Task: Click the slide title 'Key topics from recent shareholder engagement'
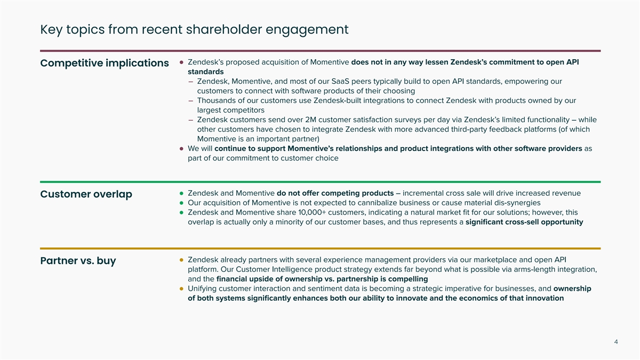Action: pos(194,29)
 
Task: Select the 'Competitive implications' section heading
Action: pos(105,63)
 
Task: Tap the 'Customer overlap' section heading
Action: pos(86,195)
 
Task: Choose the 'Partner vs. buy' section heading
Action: pos(78,261)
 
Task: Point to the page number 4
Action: pos(616,342)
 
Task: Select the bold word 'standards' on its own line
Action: pos(206,72)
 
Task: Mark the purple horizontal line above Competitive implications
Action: pos(320,51)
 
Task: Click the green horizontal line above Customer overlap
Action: pos(320,182)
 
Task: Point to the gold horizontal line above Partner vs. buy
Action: pos(320,249)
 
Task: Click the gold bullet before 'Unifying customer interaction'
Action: pos(182,289)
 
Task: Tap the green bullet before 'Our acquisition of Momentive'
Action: pos(182,203)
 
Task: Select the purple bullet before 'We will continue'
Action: pos(182,149)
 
